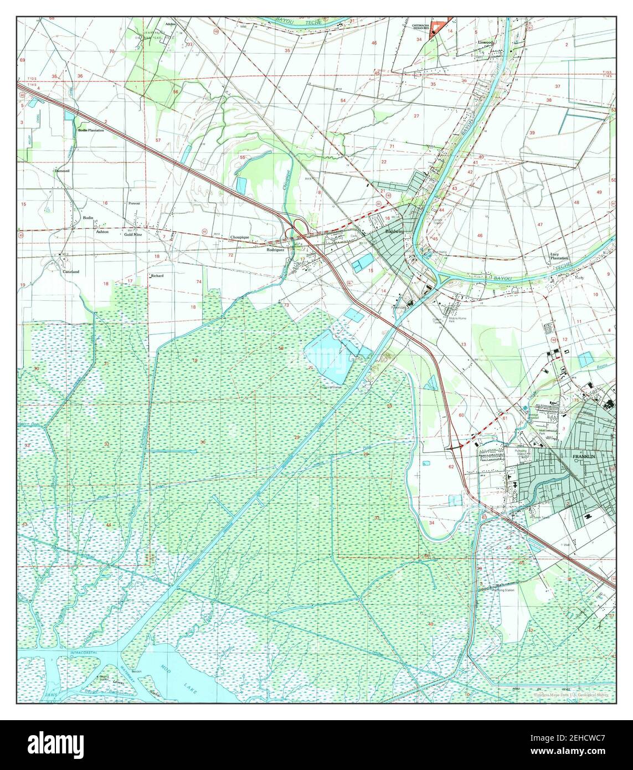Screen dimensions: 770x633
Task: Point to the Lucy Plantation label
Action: (x=559, y=258)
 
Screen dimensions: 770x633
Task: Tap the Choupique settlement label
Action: (x=239, y=237)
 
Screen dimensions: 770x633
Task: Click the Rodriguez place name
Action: (x=275, y=250)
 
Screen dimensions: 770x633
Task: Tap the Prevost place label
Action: (x=134, y=204)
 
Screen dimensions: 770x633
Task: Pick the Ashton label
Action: (x=102, y=232)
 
